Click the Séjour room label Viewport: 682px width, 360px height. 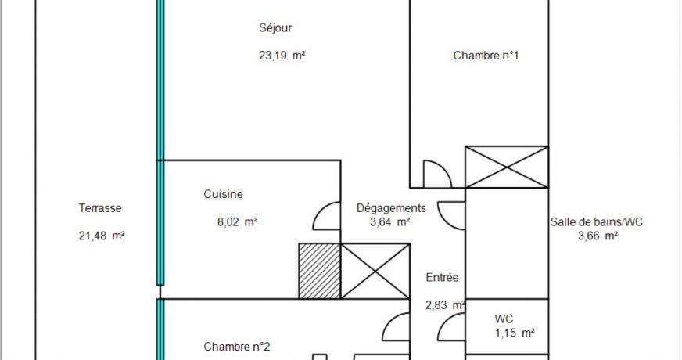pos(275,28)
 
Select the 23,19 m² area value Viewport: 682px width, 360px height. pos(282,56)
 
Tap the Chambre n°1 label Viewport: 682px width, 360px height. pos(486,56)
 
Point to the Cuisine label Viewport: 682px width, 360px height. pos(223,194)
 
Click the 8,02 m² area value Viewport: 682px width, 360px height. pos(237,222)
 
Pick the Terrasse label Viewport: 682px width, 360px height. pos(100,208)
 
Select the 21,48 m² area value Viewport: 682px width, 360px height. pos(102,236)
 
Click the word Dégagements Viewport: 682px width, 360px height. pos(391,208)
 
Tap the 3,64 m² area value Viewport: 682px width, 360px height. pos(389,222)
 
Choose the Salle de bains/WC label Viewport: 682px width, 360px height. pos(596,222)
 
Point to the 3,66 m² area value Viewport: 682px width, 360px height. pos(598,236)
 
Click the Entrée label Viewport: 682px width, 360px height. pos(442,277)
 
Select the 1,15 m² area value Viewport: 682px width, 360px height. pos(515,333)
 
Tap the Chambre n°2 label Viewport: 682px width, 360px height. pos(237,347)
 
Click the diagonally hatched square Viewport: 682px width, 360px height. pos(320,271)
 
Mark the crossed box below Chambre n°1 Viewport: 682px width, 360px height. pos(507,167)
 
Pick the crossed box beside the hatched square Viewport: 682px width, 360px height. pos(375,271)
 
